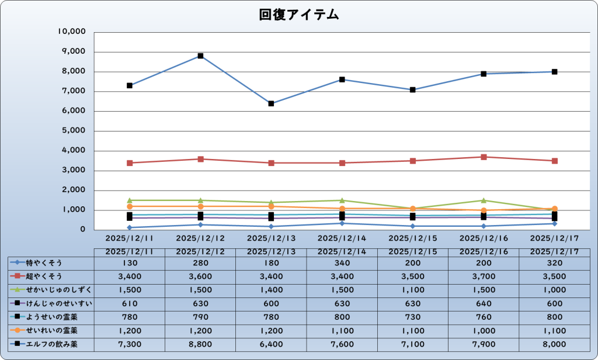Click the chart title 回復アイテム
(299, 15)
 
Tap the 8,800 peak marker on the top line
(200, 56)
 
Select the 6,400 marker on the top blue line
(271, 103)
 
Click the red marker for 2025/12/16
(484, 157)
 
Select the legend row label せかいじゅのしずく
(58, 289)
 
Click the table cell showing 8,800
(200, 344)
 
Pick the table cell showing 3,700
(484, 276)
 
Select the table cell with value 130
(130, 262)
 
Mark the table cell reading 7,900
(484, 344)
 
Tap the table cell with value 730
(413, 317)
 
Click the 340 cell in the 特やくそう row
(342, 262)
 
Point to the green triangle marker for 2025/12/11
(130, 200)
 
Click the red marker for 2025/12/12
(200, 159)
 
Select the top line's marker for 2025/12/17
(554, 72)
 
